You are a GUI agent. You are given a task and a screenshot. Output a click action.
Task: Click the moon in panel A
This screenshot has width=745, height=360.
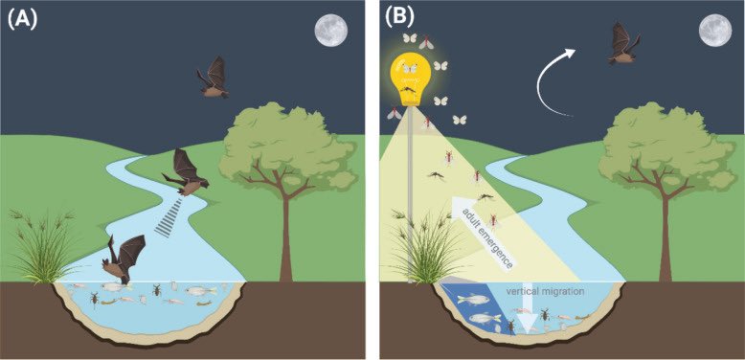click(330, 30)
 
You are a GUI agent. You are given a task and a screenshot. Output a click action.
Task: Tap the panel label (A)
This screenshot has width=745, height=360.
click(22, 16)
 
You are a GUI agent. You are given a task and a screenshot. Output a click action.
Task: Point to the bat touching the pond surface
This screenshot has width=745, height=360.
click(123, 260)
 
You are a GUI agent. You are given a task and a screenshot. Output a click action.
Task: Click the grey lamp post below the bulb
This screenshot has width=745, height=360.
click(410, 191)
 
